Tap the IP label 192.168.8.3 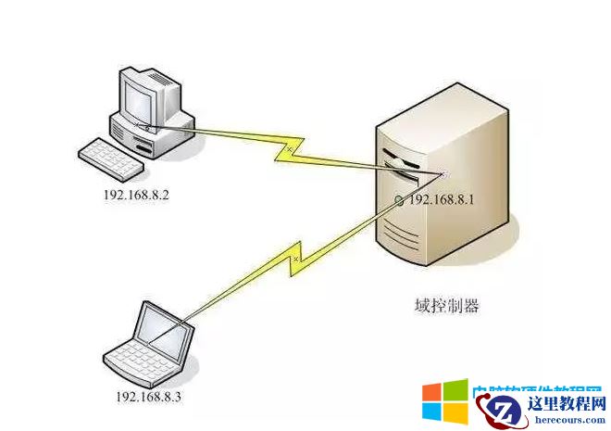148,396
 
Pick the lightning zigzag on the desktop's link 289,148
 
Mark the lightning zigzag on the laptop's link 296,259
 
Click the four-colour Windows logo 444,404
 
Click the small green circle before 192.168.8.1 399,200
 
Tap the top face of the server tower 444,108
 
